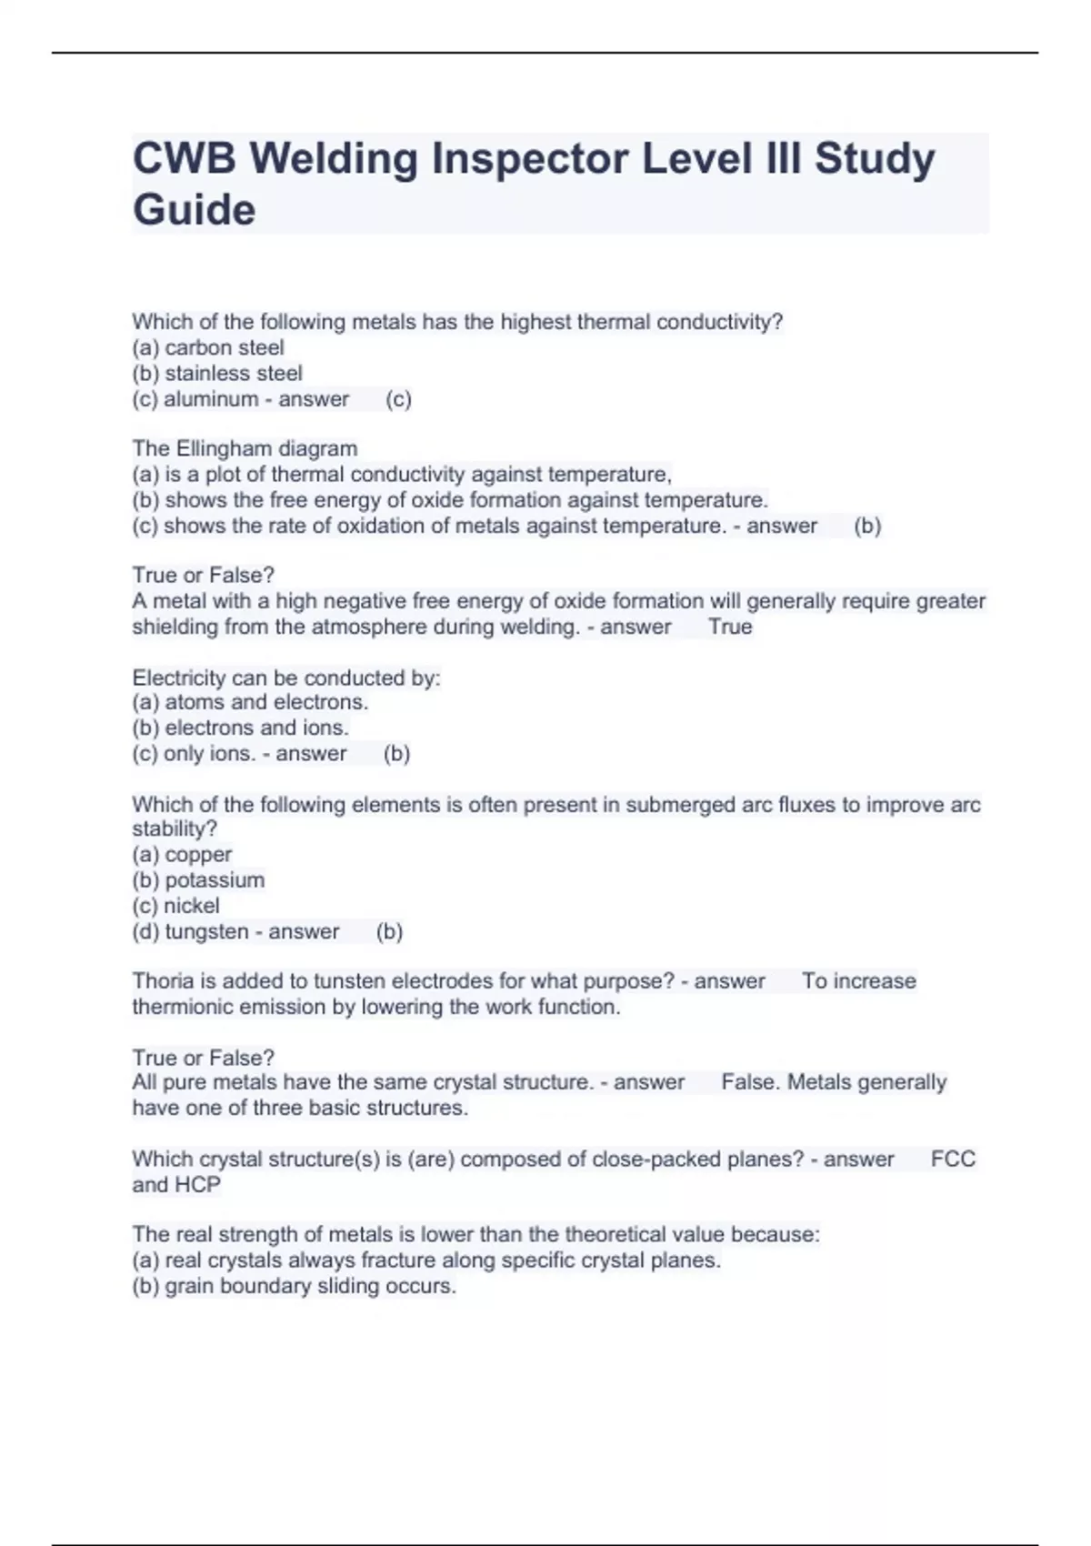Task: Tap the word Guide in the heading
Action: click(194, 210)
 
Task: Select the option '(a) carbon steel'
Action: click(208, 347)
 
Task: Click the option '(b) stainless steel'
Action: click(217, 373)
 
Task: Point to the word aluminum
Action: click(211, 399)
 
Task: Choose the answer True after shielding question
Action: click(730, 627)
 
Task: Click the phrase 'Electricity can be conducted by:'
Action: click(286, 678)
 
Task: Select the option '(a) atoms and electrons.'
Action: click(250, 702)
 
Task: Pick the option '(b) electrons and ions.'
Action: click(241, 728)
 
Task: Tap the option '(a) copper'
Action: click(182, 855)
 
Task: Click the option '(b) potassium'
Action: click(198, 880)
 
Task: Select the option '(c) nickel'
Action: click(175, 906)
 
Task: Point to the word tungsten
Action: click(206, 931)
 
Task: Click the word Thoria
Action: click(160, 981)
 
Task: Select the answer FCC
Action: click(953, 1159)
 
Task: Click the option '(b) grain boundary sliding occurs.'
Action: click(294, 1286)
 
